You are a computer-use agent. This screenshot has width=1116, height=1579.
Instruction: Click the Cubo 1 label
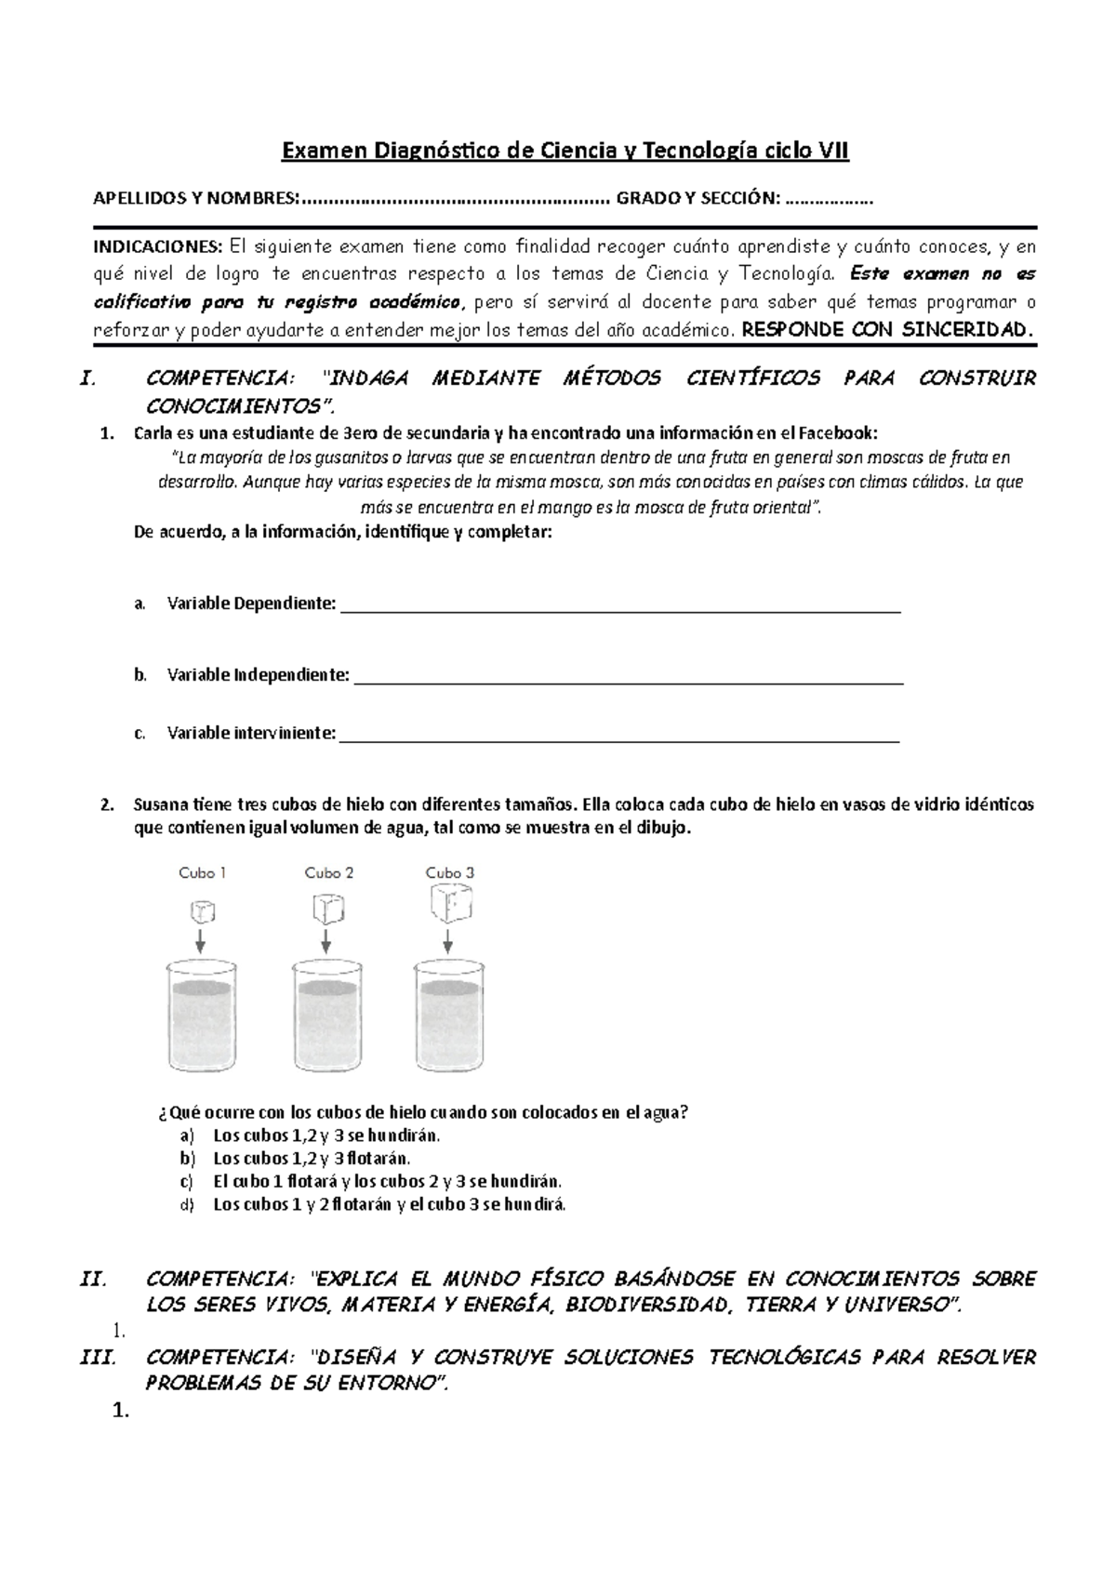tap(203, 872)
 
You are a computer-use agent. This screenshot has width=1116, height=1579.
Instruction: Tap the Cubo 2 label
tap(329, 872)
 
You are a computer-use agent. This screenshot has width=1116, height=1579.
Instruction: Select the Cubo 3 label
tap(450, 872)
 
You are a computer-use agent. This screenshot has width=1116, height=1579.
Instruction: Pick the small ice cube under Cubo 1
tap(201, 909)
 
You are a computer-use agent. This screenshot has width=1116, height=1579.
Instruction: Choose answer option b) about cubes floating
tap(311, 1159)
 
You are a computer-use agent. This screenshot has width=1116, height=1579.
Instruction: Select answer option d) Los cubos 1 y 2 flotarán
tap(388, 1204)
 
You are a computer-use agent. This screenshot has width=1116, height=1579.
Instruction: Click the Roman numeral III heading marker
tap(98, 1358)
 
